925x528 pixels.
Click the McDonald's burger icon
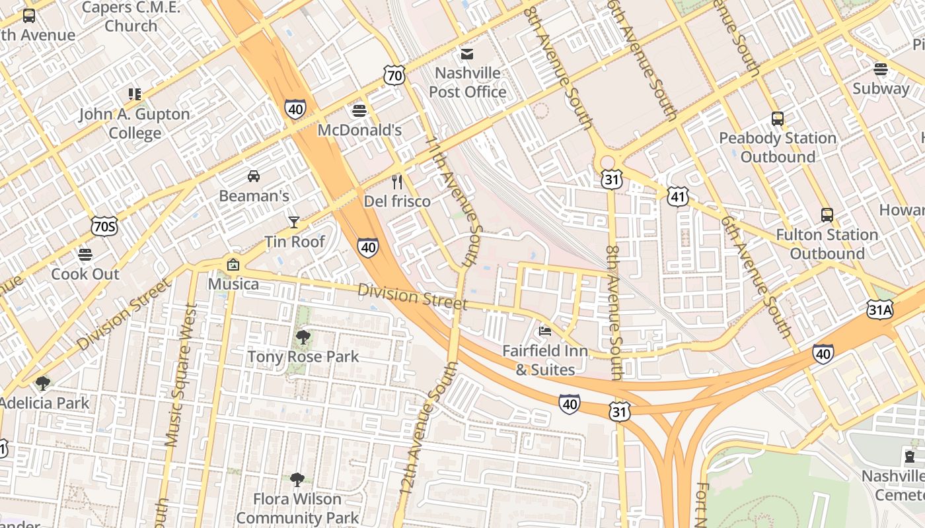coord(359,110)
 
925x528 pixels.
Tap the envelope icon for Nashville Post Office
coord(467,53)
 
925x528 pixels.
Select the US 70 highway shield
coord(394,76)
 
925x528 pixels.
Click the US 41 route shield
coord(678,196)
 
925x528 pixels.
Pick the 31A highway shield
coord(880,309)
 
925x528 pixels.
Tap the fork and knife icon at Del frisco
coord(397,181)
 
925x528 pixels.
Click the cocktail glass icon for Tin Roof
coord(294,222)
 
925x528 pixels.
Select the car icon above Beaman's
coord(254,176)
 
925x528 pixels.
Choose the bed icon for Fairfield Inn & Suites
coord(545,331)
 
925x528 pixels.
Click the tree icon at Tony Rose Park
coord(303,337)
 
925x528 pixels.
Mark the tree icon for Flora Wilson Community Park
coord(297,479)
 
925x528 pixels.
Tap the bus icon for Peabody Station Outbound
coord(778,119)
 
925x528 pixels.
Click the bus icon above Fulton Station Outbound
coord(827,215)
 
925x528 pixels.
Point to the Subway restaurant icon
coord(880,69)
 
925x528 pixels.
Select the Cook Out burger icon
coord(85,254)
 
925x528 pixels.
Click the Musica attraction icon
coord(233,265)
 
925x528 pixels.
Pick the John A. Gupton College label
coord(135,123)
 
